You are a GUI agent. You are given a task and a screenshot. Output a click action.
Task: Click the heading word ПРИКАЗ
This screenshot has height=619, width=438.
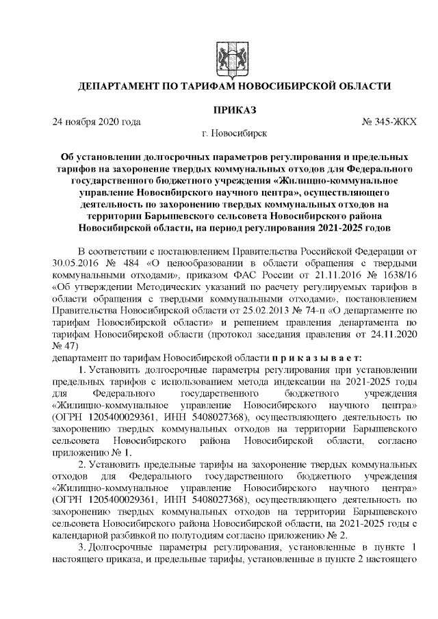[233, 109]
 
